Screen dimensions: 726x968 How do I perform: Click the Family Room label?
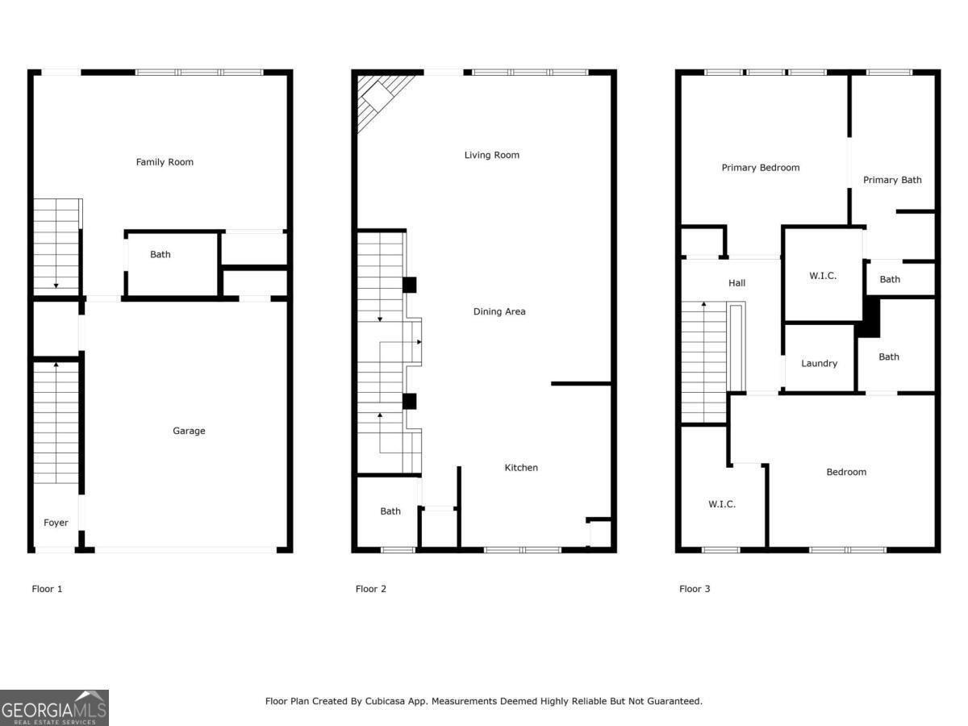[x=165, y=162]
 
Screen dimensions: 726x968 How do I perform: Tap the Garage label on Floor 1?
[x=189, y=431]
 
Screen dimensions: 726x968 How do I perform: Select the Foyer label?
[x=56, y=523]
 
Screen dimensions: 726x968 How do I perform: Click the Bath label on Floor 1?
[x=161, y=255]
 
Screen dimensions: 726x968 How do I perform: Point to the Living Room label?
[x=491, y=155]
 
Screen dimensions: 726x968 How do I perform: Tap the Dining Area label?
[x=499, y=311]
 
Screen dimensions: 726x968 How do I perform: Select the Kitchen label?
[x=521, y=468]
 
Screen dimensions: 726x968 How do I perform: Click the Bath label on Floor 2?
[x=390, y=511]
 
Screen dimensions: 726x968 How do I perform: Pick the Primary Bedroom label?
[x=760, y=168]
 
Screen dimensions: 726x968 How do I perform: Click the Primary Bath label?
[x=892, y=180]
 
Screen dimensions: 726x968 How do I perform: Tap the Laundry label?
[x=819, y=364]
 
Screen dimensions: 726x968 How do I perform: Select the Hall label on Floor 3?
[x=736, y=283]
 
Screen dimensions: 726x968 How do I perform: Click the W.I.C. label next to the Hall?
[x=823, y=276]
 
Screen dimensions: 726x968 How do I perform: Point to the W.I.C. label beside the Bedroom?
[x=721, y=504]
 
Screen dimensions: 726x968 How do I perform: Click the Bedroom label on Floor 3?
[x=846, y=472]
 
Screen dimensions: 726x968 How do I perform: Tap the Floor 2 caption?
[x=370, y=589]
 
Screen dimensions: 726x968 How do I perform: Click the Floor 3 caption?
[x=695, y=589]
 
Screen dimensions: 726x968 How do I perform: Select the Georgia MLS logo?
[x=54, y=708]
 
